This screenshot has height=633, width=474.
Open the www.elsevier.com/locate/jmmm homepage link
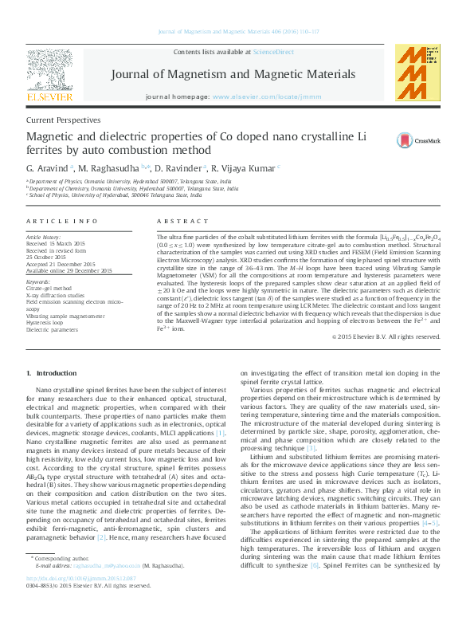pos(261,96)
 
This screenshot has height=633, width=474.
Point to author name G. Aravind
pos(48,168)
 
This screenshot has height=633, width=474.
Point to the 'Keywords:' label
pos(38,282)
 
